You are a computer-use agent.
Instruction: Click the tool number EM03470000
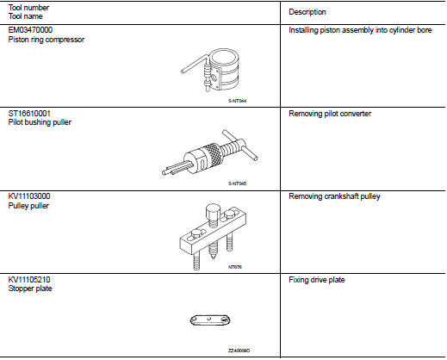(x=30, y=30)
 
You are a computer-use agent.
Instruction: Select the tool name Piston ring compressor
(x=47, y=40)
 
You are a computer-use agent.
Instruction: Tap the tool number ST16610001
(x=29, y=114)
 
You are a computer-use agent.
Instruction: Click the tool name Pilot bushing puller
(x=40, y=122)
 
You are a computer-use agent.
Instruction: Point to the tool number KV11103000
(x=29, y=196)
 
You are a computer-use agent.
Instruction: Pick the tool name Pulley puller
(x=28, y=206)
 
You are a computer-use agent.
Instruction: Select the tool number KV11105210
(x=29, y=280)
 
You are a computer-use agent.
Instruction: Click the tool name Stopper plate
(x=30, y=289)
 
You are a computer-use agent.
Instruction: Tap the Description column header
(x=307, y=12)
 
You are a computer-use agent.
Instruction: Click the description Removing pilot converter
(x=330, y=114)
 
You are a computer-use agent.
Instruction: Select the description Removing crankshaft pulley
(x=334, y=196)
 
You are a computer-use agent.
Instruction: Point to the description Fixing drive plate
(x=317, y=280)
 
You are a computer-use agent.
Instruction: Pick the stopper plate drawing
(x=211, y=320)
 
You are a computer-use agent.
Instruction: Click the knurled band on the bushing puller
(x=212, y=154)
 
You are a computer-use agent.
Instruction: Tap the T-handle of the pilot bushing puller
(x=240, y=145)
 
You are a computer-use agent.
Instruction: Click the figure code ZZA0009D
(x=239, y=351)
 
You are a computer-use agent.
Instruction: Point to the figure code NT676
(x=235, y=267)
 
